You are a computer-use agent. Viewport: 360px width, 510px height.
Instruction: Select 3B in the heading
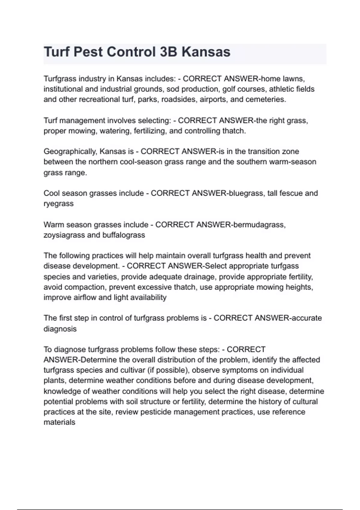[168, 52]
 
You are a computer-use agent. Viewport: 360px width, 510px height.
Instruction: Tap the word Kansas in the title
[206, 52]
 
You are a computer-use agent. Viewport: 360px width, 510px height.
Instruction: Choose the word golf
[229, 89]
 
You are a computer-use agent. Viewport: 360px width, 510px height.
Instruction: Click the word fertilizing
[150, 131]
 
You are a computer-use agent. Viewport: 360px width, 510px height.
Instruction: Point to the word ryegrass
[58, 204]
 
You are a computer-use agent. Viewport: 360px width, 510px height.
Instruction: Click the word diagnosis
[60, 329]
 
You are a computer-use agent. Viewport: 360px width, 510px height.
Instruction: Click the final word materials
[59, 422]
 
